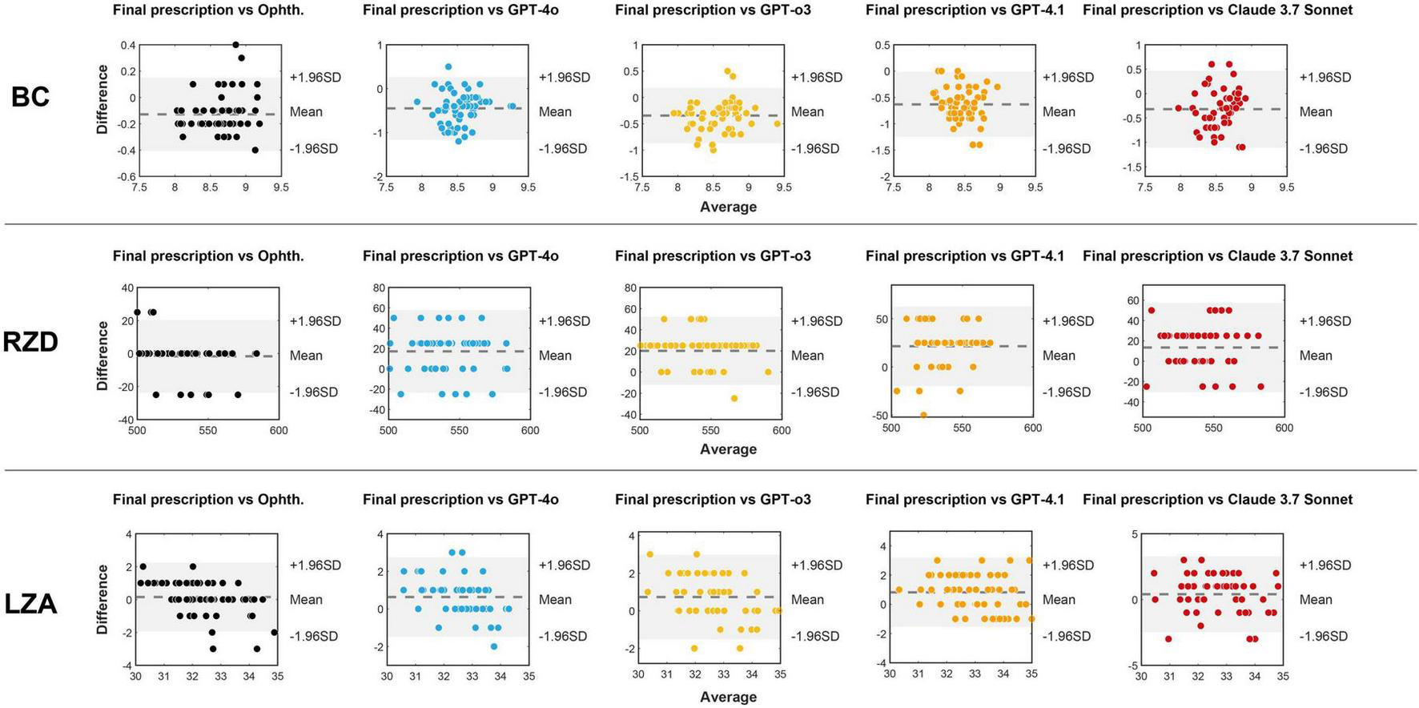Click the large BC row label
30,97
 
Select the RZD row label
30,342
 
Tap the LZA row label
30,603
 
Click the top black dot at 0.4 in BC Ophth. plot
235,45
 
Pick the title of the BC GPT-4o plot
460,10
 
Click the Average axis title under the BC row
728,207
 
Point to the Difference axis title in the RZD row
102,356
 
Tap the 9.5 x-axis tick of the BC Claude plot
1286,187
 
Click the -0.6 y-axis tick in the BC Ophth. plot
127,176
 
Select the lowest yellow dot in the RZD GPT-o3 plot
734,398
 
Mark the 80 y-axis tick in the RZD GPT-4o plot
379,288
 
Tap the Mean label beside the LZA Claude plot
1315,600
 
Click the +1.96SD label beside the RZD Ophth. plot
315,321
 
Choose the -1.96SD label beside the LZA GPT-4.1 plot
1066,637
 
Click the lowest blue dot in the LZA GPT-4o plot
494,646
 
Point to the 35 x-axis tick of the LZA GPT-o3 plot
780,675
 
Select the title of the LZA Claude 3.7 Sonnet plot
1217,500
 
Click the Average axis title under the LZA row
728,698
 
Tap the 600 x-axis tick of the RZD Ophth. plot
279,431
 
